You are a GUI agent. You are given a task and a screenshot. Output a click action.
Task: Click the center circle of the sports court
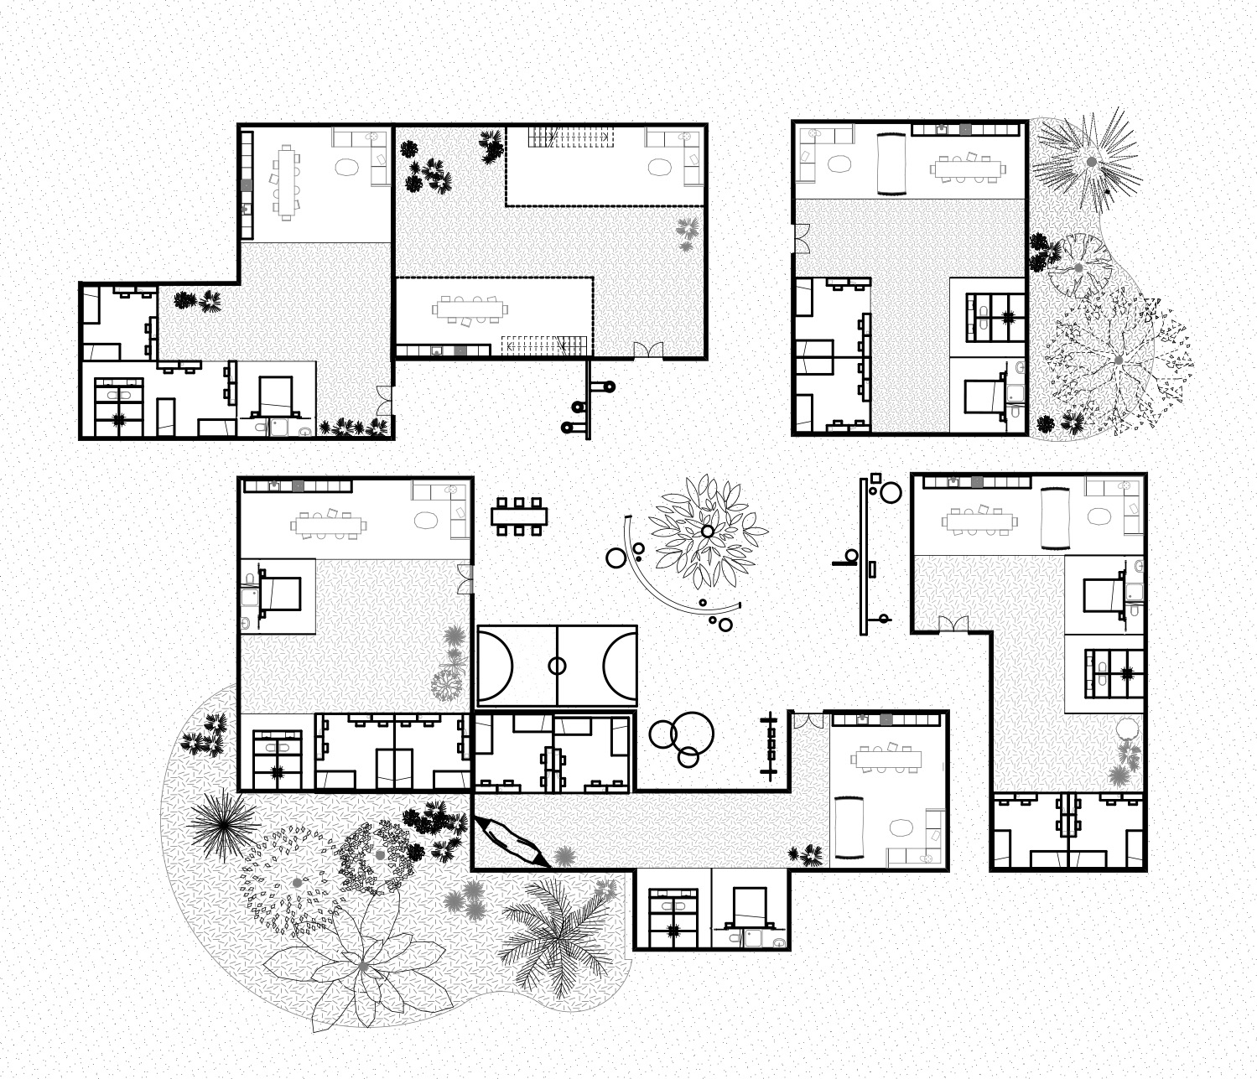click(557, 667)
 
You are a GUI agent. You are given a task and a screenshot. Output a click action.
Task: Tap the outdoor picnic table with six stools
click(519, 516)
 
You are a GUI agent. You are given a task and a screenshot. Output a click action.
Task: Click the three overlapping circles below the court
click(682, 737)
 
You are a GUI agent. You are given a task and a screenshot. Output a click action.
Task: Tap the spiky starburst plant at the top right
click(1089, 159)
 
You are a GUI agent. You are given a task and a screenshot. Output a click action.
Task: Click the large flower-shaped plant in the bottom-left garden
click(363, 967)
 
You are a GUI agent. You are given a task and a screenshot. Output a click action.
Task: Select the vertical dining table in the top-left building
click(287, 182)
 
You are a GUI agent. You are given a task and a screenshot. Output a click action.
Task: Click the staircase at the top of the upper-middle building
click(570, 136)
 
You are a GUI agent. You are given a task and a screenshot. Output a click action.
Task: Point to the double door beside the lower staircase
click(647, 350)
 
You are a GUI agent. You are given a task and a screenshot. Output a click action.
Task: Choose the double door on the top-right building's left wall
click(801, 238)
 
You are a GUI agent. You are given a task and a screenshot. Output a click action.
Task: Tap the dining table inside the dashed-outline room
click(470, 309)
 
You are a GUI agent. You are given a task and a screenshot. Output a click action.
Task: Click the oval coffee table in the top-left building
click(346, 167)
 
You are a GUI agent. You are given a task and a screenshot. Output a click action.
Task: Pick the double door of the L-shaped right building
click(953, 624)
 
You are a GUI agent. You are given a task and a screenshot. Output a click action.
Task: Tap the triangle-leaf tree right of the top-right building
click(1118, 360)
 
